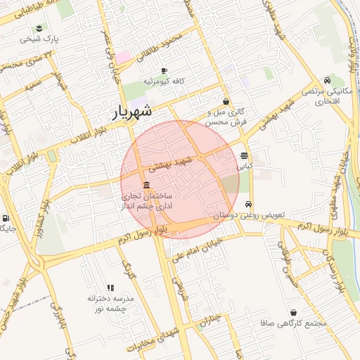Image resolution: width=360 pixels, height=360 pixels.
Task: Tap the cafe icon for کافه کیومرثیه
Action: click(x=164, y=71)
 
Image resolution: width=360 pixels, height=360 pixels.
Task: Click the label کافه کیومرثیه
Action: click(x=164, y=82)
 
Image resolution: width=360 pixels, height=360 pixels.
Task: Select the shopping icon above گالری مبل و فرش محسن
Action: click(x=225, y=101)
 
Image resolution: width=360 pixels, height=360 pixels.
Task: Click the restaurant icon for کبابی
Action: click(x=244, y=156)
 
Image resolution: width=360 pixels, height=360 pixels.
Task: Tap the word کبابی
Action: click(x=244, y=167)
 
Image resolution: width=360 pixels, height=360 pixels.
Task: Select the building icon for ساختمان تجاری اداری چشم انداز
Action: click(x=146, y=185)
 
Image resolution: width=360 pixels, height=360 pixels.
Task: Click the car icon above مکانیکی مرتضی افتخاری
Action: click(x=328, y=81)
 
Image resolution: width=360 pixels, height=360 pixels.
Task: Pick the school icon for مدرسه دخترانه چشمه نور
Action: click(x=110, y=288)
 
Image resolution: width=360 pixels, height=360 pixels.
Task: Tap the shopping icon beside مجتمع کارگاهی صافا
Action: click(x=292, y=313)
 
